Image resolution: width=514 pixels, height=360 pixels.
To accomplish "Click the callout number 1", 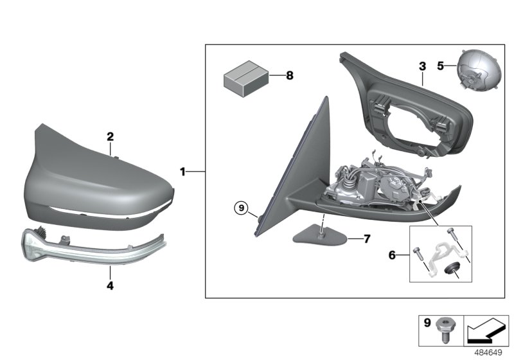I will (x=183, y=172).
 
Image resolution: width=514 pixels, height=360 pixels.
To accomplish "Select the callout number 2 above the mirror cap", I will (x=110, y=136).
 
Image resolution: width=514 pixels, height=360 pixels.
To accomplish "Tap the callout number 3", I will (x=422, y=66).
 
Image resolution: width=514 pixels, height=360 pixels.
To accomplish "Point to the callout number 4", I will (x=110, y=285).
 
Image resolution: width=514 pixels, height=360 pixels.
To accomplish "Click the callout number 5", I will (x=440, y=65).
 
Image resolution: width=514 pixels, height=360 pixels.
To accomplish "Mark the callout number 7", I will (x=367, y=239).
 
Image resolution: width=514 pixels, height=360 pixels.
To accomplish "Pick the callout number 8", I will (x=289, y=76).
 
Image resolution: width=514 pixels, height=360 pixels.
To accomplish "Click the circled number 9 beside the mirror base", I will (x=240, y=208).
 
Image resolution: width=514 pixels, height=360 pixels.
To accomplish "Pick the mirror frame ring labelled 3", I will (x=411, y=116).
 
